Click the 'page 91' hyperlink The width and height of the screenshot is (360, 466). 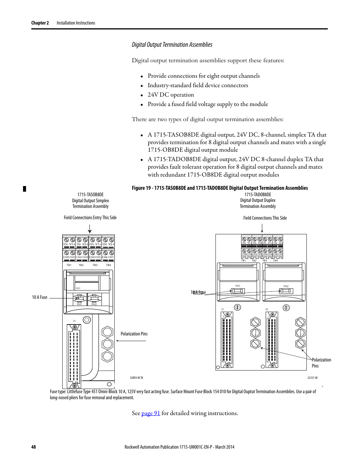point(151,413)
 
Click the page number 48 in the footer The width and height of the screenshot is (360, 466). point(34,447)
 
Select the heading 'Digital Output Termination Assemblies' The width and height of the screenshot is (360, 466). point(172,45)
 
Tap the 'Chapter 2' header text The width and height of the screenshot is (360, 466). point(40,23)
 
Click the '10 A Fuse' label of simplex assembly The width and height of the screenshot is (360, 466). point(40,297)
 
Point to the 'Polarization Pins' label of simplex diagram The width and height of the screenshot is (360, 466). point(134,334)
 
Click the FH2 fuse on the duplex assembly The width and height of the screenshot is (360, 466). point(286,291)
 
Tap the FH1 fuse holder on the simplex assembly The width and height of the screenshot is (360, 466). point(79,299)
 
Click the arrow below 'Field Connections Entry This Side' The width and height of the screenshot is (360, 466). point(90,229)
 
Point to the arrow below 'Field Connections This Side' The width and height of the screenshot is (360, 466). point(262,229)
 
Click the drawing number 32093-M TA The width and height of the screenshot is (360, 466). point(136,378)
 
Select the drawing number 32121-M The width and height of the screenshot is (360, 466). point(312,378)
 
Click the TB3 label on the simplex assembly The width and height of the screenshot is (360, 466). point(95,265)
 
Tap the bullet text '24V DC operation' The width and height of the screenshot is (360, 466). point(171,95)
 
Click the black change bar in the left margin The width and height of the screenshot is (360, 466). point(25,189)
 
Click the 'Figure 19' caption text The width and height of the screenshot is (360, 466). point(220,188)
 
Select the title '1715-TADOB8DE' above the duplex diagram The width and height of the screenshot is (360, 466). point(258,195)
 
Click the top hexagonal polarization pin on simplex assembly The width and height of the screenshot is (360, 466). point(108,332)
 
